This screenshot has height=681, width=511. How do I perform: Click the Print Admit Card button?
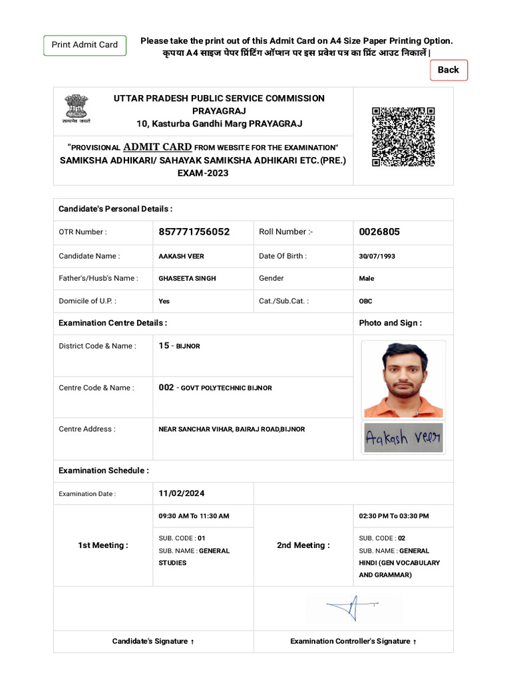(85, 45)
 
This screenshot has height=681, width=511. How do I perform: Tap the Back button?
(448, 70)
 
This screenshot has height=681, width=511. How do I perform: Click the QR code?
(403, 136)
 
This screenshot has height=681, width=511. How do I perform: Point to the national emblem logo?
(76, 108)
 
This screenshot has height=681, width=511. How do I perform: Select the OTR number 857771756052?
(194, 232)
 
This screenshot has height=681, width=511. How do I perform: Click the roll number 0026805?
(379, 232)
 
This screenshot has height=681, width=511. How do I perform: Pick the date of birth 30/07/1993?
(377, 256)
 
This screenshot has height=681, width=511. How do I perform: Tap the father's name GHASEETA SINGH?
(187, 279)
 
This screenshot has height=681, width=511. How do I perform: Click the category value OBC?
(365, 301)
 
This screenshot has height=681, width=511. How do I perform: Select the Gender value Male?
(367, 279)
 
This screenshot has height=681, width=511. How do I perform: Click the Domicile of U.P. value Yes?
(164, 301)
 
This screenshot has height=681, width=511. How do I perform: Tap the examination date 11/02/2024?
(182, 493)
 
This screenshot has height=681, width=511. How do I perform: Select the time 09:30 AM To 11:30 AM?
(194, 516)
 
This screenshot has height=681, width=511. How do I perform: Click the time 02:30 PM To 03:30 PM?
(394, 516)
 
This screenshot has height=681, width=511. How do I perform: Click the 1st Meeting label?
(103, 545)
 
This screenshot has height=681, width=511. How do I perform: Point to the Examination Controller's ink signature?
(353, 607)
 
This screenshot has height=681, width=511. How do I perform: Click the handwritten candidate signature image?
(403, 438)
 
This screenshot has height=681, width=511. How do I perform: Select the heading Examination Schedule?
(104, 471)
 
